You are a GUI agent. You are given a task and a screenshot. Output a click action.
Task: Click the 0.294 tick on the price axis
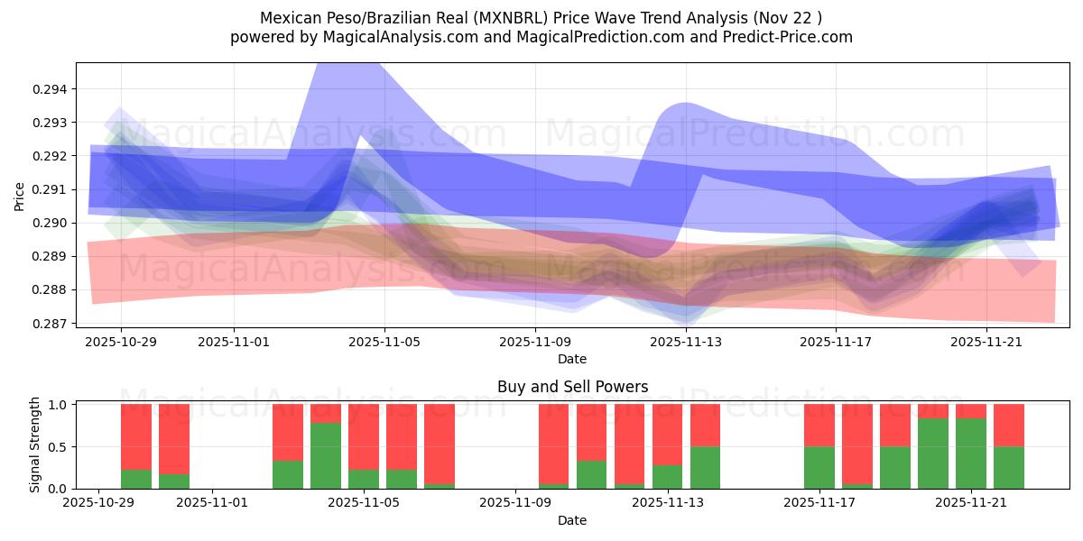(53, 89)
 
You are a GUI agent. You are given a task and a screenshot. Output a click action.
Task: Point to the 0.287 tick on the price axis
(53, 323)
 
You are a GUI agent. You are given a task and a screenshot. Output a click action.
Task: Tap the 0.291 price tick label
(53, 189)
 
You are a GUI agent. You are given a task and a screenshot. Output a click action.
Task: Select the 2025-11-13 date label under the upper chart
(686, 342)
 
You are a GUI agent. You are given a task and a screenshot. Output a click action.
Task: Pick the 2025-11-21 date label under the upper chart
(986, 342)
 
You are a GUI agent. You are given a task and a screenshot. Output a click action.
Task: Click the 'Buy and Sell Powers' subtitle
(572, 388)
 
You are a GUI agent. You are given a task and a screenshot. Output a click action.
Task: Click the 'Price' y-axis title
(20, 195)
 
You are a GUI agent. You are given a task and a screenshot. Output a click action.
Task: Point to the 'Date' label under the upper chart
(572, 359)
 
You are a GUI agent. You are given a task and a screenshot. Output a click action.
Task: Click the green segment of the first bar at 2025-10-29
(136, 479)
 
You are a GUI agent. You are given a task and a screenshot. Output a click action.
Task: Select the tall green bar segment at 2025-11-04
(326, 455)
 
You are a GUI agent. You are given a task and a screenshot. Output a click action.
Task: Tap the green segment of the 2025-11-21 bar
(971, 453)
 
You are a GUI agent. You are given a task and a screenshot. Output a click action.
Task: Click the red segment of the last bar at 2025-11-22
(1009, 425)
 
